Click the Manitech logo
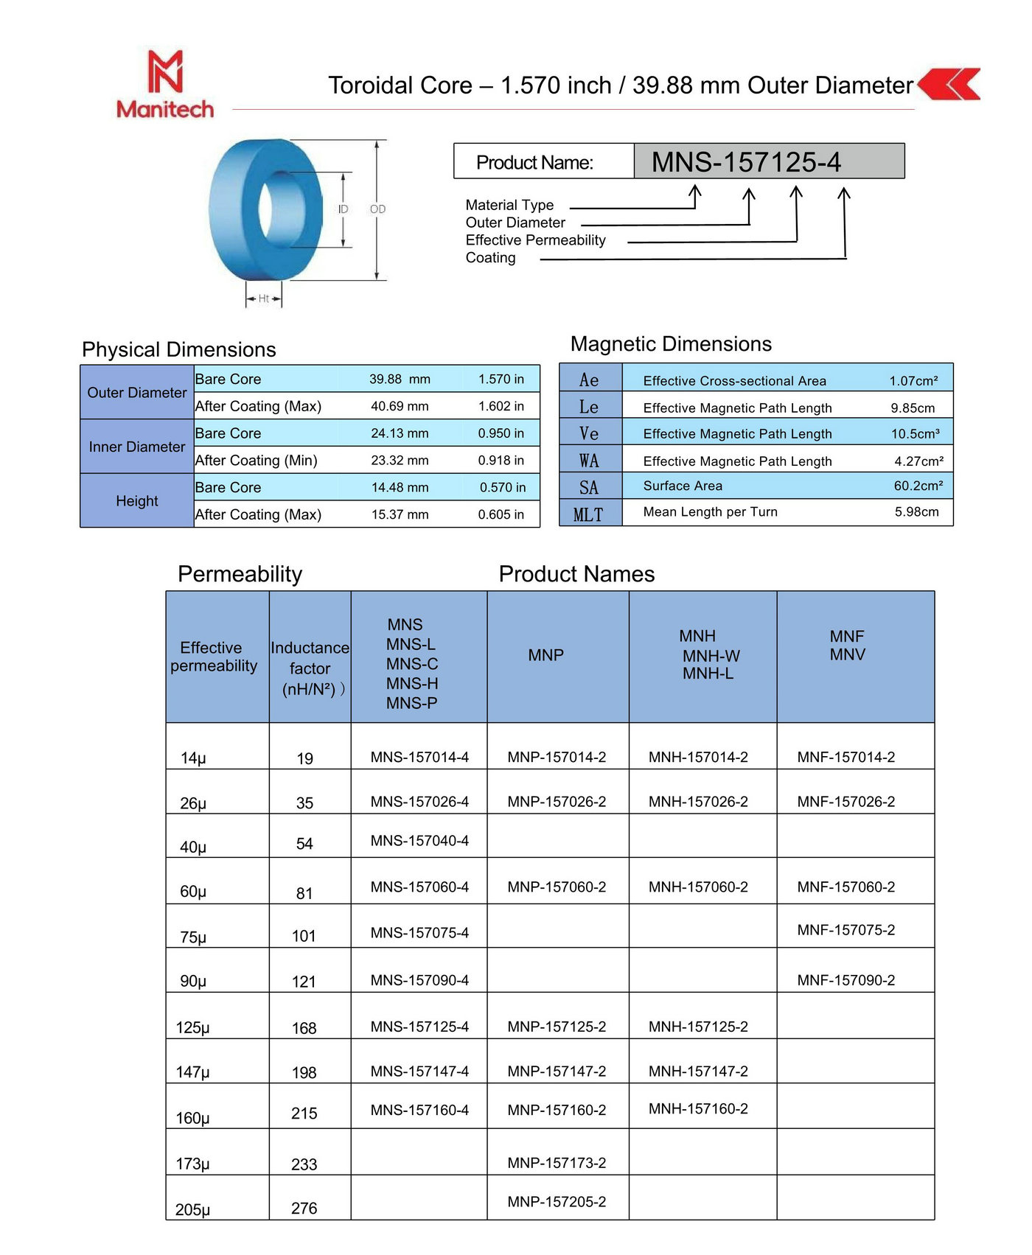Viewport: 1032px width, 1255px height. coord(165,84)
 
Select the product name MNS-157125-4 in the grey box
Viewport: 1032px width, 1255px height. coord(746,162)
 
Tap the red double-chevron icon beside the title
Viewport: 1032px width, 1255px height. coord(949,84)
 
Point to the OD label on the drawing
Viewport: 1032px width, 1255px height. coord(377,209)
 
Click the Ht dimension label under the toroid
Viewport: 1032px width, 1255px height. coord(263,298)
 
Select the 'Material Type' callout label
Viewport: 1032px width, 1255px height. coord(509,205)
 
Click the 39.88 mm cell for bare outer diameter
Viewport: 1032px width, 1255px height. coord(400,380)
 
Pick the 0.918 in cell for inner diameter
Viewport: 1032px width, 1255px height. coord(501,461)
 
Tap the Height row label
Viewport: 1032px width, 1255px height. coord(137,501)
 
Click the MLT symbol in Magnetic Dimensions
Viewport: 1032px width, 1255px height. coord(588,514)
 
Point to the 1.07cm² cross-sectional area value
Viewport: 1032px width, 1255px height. coord(913,381)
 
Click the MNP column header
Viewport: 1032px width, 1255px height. coord(545,655)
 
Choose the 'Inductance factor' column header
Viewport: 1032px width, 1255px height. coord(310,668)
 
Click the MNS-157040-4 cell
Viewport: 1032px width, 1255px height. coord(419,841)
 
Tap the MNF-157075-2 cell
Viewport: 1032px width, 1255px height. coord(846,930)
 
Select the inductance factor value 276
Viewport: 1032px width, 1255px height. coord(304,1209)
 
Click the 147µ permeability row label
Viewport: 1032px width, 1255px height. coord(193,1072)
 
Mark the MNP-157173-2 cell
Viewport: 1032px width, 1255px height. coord(557,1163)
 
